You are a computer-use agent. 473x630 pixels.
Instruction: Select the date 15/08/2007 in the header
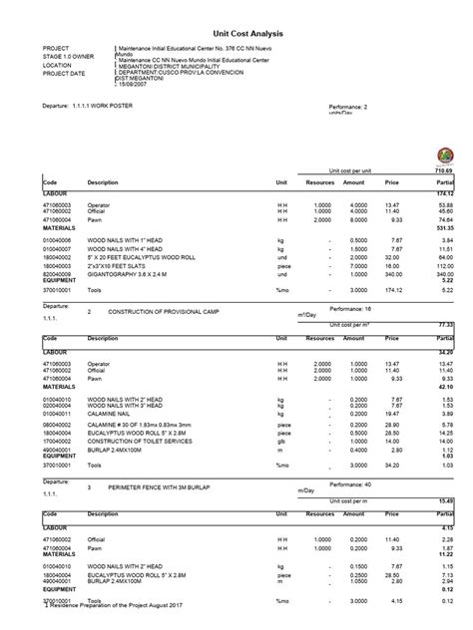(140, 87)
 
